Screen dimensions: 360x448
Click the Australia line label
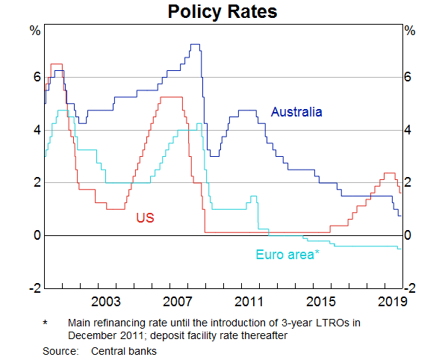[296, 112]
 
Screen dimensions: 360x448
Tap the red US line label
[145, 217]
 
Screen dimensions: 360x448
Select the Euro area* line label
[287, 255]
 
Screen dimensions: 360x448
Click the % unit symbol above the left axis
[34, 31]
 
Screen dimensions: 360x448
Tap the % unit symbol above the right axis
[410, 31]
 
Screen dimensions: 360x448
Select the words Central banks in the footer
[124, 350]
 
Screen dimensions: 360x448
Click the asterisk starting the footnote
[45, 323]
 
